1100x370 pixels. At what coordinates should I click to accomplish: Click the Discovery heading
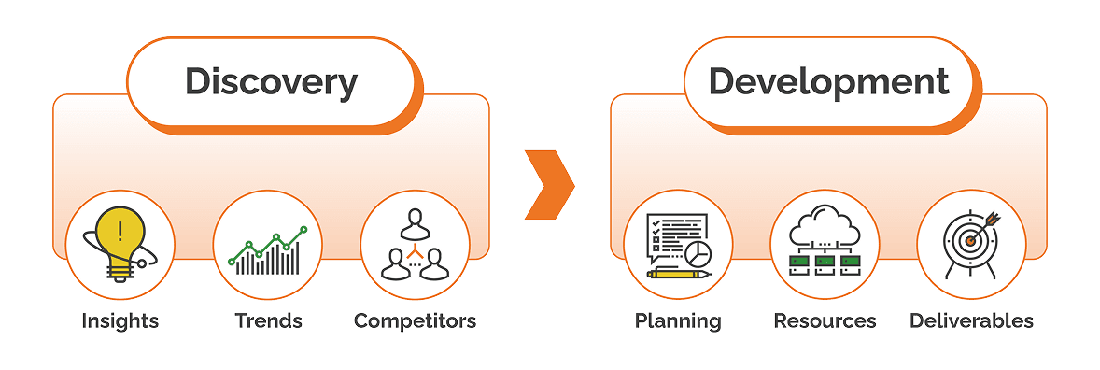click(271, 81)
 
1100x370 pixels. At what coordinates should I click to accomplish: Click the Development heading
click(828, 81)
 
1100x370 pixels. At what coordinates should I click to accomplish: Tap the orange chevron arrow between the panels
click(549, 185)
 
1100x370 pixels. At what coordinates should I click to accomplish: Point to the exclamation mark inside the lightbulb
click(120, 230)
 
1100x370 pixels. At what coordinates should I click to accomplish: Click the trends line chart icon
click(268, 250)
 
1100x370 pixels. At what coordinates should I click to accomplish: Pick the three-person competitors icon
click(415, 245)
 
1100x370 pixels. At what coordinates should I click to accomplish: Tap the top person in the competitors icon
click(415, 223)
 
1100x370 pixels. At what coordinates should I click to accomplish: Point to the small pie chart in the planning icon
click(697, 253)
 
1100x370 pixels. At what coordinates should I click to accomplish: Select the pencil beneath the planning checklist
click(678, 274)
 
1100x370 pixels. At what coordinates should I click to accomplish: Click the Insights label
click(120, 321)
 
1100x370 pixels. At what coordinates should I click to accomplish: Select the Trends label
click(268, 321)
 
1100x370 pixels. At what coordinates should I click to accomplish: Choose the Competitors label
click(415, 321)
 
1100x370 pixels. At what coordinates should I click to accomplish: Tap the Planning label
click(678, 321)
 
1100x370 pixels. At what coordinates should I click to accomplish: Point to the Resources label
click(825, 321)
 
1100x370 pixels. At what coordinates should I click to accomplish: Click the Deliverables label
click(971, 321)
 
